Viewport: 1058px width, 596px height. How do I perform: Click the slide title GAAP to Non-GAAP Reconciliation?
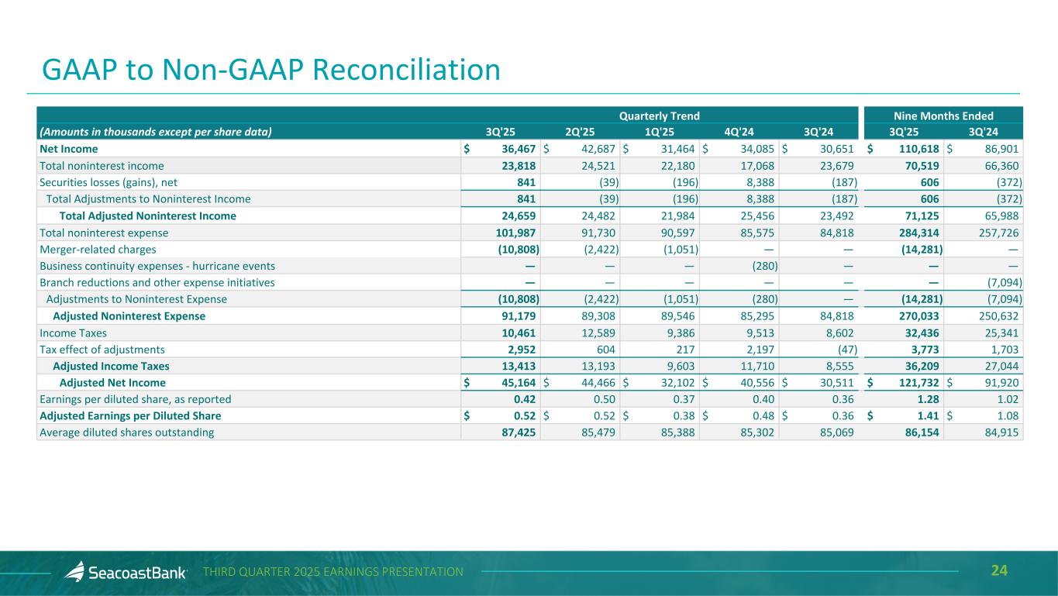(x=271, y=71)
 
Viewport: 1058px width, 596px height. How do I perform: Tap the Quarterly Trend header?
(x=659, y=116)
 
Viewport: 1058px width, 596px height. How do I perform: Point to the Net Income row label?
(x=69, y=149)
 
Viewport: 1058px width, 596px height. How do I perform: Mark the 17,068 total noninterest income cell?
(x=760, y=165)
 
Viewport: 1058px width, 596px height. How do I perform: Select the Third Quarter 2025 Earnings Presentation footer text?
(x=333, y=572)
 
